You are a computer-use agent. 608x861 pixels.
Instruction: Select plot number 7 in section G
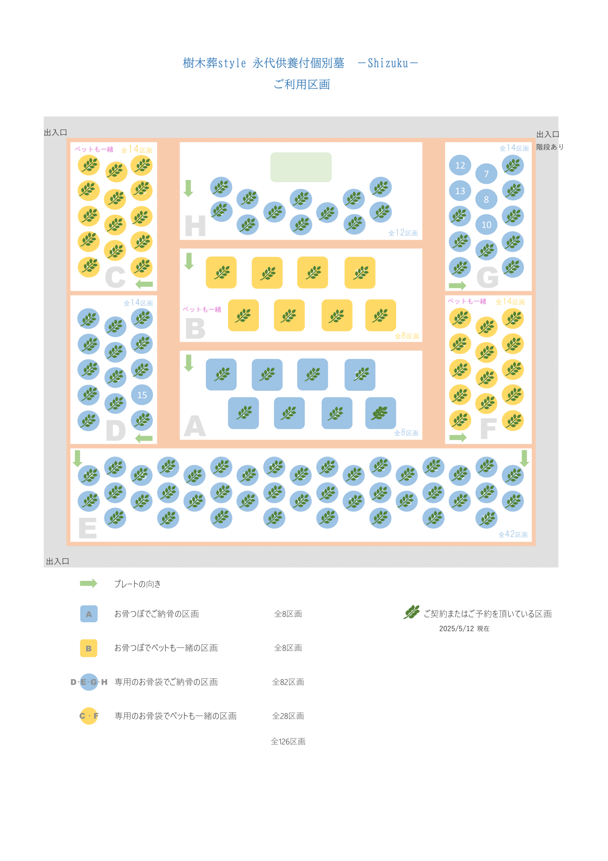click(x=486, y=174)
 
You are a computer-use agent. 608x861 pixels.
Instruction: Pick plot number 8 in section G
click(x=486, y=199)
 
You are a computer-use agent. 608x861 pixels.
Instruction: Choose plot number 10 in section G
click(x=486, y=225)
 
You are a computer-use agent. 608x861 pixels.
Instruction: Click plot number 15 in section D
click(x=142, y=395)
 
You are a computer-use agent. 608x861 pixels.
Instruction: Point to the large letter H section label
click(x=195, y=226)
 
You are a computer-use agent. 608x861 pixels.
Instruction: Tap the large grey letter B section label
click(x=195, y=329)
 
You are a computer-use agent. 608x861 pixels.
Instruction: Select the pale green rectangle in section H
click(x=301, y=167)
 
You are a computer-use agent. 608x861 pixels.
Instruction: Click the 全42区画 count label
click(x=513, y=534)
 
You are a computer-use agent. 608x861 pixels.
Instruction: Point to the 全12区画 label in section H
click(x=403, y=233)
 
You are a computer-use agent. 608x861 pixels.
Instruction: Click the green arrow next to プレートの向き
click(x=88, y=584)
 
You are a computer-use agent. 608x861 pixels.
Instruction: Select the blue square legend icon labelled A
click(x=89, y=614)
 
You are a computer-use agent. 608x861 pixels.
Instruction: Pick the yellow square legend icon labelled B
click(x=89, y=648)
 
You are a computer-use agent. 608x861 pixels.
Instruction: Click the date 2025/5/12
click(x=456, y=629)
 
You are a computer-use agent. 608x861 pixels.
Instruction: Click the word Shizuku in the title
click(x=388, y=63)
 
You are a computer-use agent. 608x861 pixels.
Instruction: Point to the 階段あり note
click(x=550, y=147)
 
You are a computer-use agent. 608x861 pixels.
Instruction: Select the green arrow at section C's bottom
click(x=144, y=284)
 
